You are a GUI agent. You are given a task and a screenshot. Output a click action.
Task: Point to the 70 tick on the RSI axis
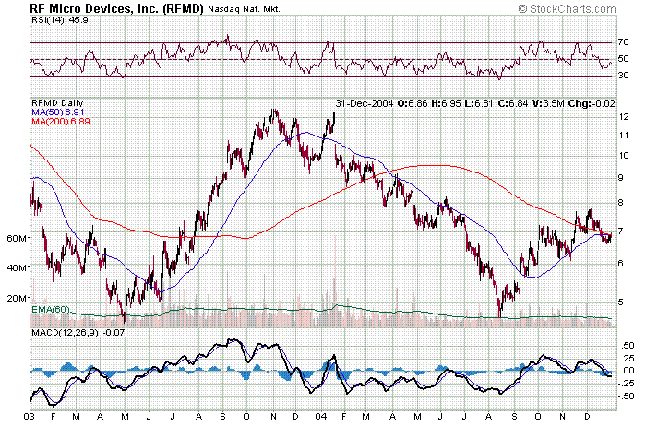[624, 42]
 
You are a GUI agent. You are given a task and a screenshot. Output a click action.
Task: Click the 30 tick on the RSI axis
[624, 76]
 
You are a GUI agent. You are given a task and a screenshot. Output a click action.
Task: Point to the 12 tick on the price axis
[624, 117]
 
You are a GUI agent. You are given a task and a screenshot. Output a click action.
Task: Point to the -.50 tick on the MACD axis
[627, 396]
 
